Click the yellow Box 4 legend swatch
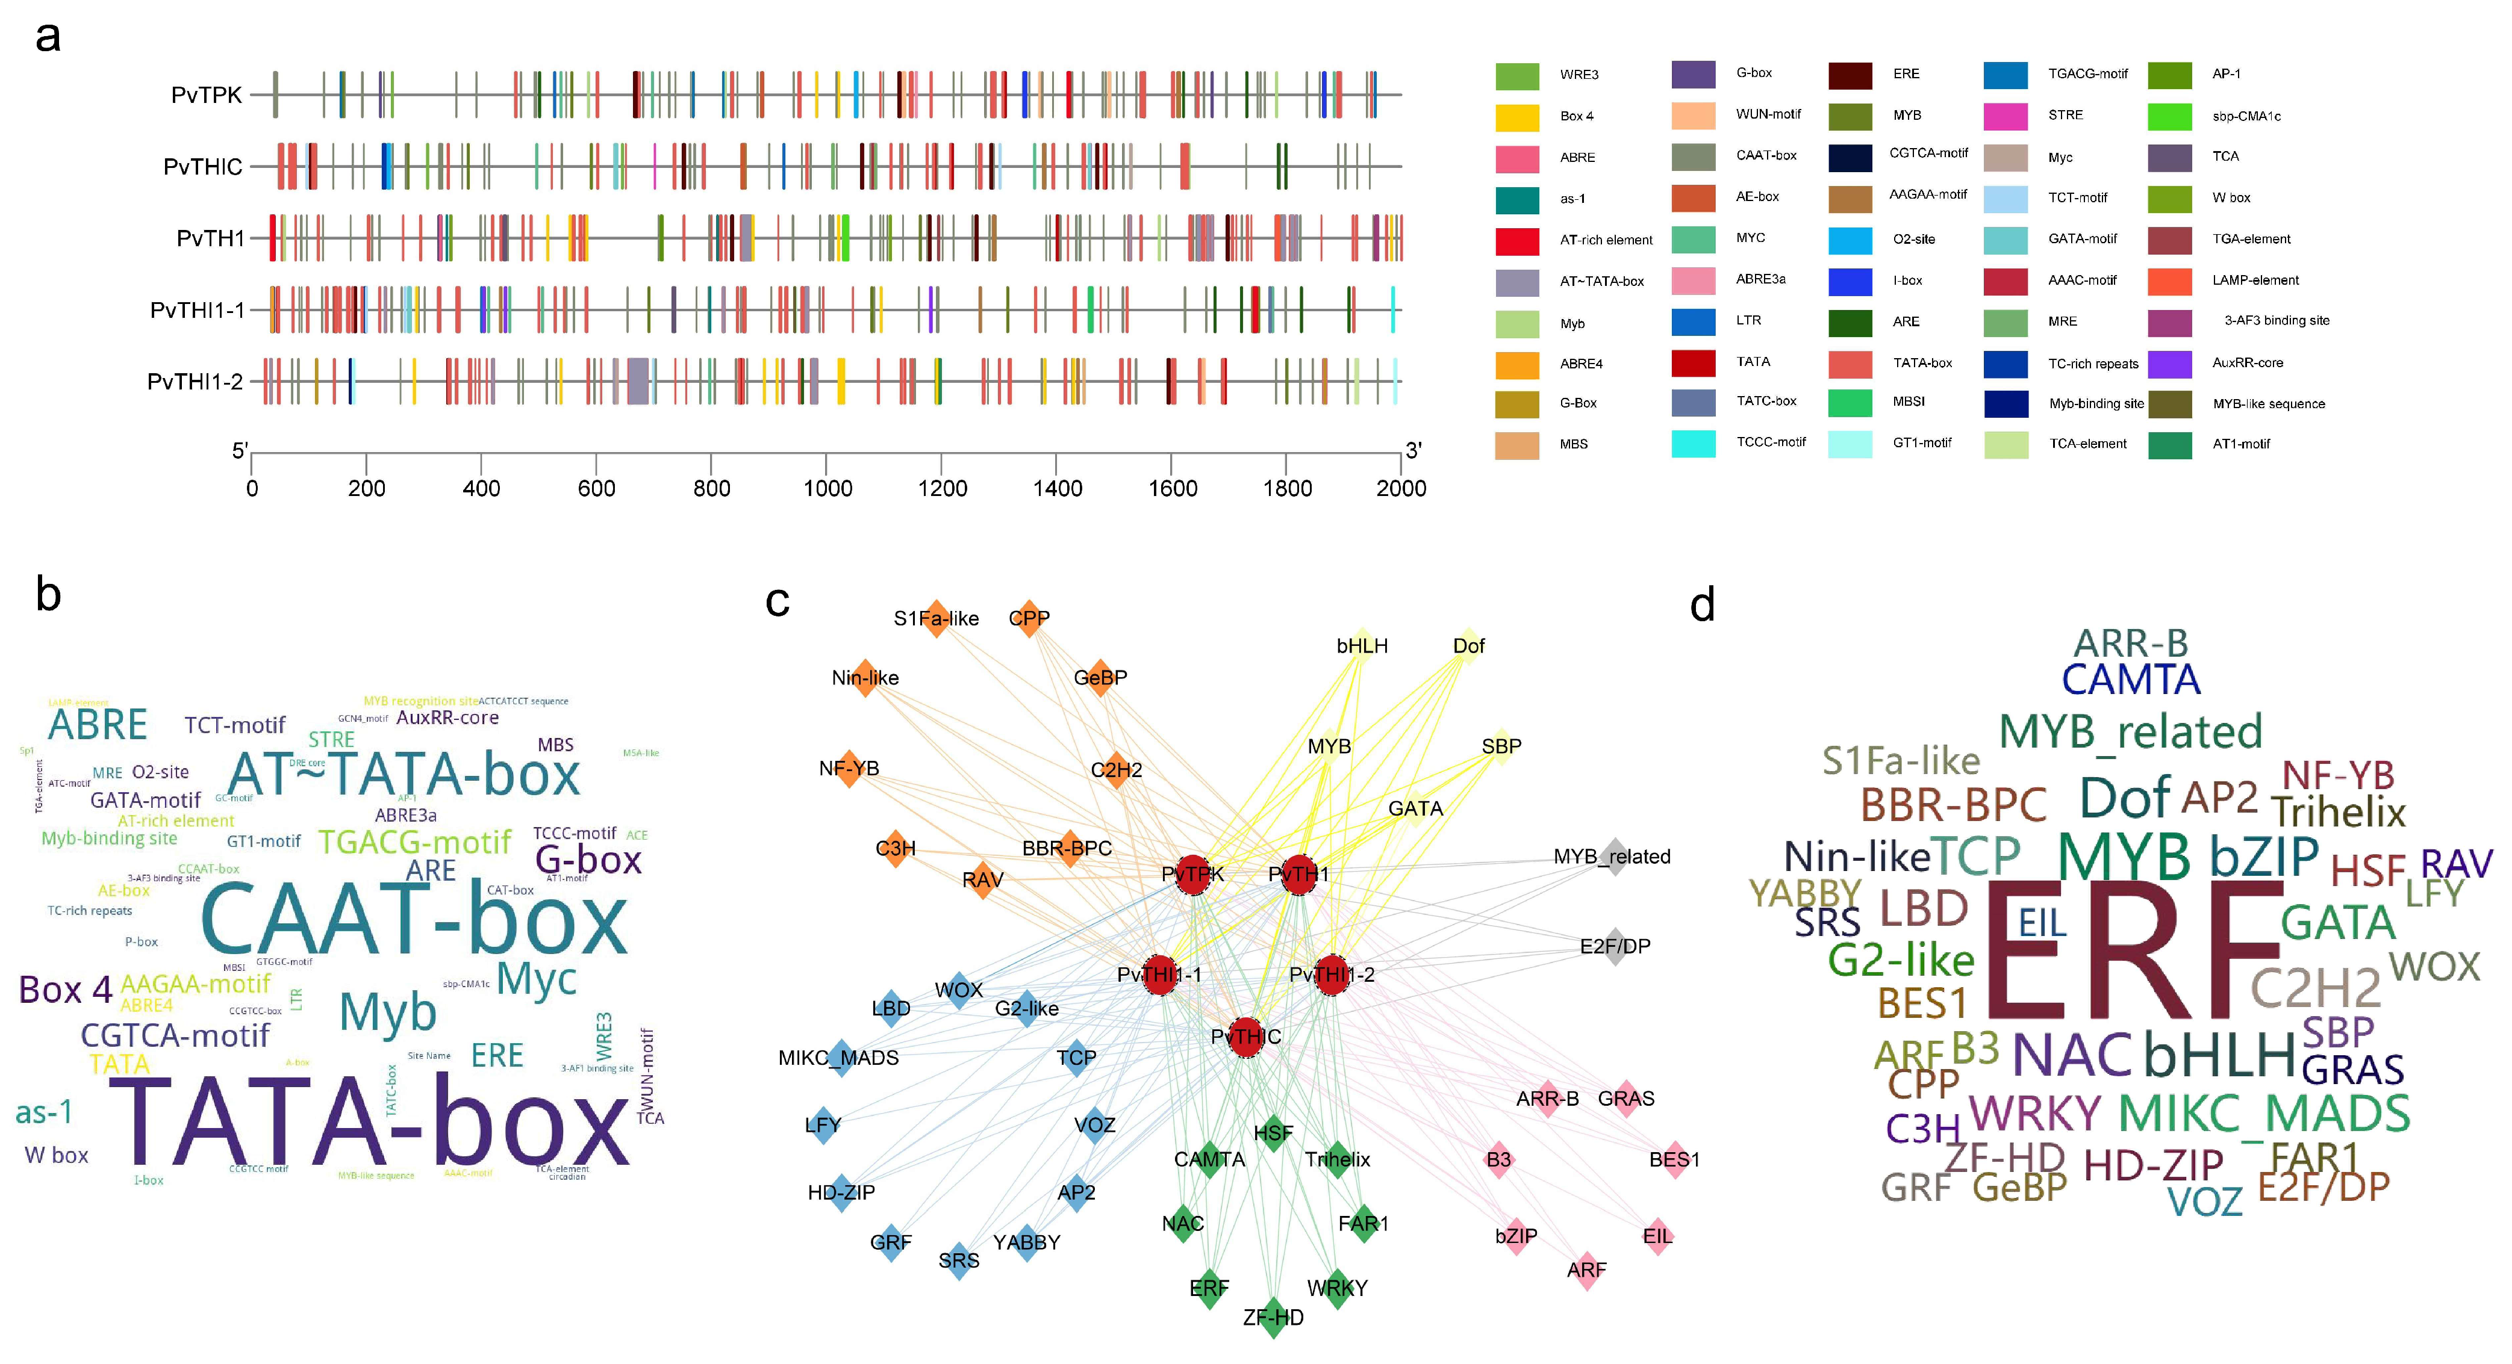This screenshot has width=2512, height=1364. tap(1516, 117)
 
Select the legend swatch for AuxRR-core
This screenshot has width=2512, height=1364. tap(2170, 364)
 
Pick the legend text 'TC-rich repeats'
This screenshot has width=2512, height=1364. tap(2093, 364)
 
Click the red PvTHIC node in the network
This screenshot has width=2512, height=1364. tap(1245, 1037)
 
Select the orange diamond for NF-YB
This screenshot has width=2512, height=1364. tap(849, 768)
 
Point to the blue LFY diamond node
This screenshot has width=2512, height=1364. tap(823, 1125)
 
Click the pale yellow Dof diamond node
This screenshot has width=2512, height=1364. tap(1468, 645)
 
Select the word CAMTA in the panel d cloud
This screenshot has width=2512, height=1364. tap(2131, 680)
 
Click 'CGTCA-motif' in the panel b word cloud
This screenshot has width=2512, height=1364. tap(175, 1035)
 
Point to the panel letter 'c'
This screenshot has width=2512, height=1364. tap(777, 601)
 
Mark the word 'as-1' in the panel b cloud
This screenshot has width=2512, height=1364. tap(44, 1112)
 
